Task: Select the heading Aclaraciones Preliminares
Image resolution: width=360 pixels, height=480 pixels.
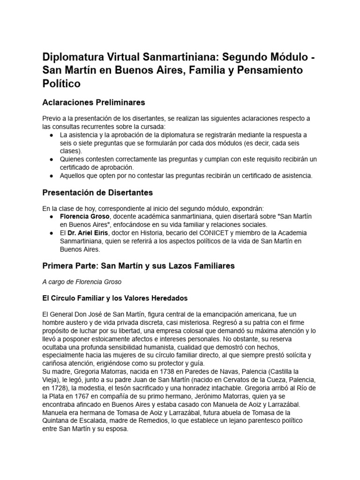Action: point(93,102)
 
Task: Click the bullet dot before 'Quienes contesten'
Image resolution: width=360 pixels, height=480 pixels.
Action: point(51,159)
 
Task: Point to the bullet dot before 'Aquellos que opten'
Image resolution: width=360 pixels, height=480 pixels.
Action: point(51,176)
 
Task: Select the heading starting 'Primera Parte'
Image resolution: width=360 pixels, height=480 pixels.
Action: point(138,266)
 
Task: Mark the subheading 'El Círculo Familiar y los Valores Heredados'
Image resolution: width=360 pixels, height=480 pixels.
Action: point(115,298)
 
